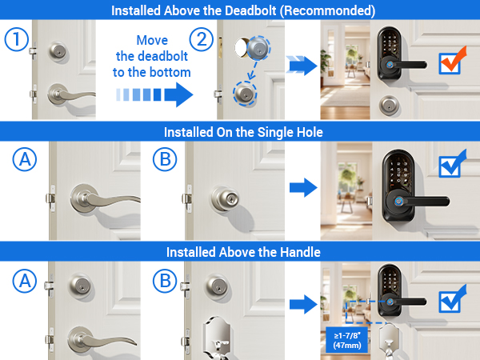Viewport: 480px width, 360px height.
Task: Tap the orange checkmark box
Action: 454,61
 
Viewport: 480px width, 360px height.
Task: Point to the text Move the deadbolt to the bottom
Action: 151,57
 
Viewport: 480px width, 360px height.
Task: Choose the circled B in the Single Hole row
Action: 165,161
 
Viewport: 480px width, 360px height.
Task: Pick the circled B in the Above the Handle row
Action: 165,282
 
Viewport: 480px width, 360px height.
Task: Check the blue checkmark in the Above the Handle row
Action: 454,302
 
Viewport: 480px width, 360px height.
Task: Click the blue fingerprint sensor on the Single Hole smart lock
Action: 397,202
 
